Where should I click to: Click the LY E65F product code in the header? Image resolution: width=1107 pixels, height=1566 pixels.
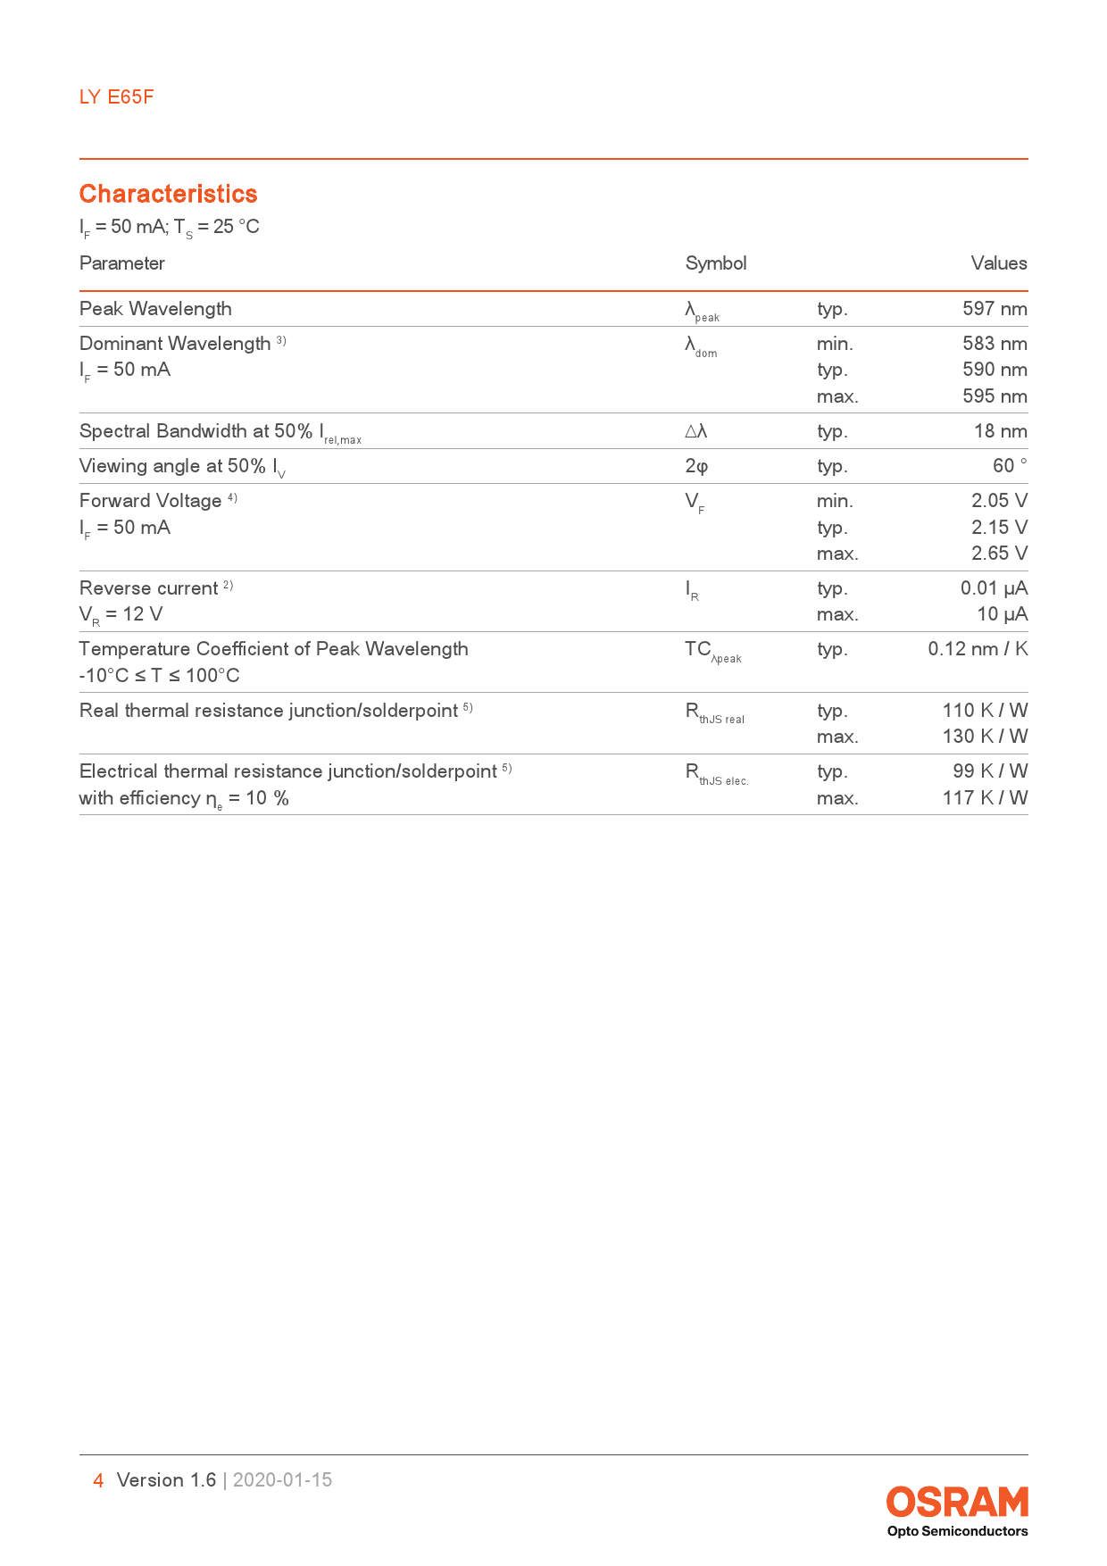(x=116, y=97)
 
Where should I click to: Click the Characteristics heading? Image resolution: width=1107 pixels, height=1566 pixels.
(x=168, y=194)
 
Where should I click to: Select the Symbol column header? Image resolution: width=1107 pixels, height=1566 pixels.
(x=715, y=263)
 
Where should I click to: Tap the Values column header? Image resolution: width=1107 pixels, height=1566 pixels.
(x=998, y=263)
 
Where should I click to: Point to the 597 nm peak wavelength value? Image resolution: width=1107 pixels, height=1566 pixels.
(x=994, y=309)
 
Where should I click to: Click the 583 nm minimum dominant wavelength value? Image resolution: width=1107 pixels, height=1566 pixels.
(x=994, y=344)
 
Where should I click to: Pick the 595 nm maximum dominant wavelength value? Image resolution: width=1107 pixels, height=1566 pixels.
(x=994, y=396)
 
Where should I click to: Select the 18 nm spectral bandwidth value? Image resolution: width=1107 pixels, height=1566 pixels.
(x=1000, y=431)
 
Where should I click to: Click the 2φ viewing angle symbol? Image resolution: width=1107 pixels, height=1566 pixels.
(x=696, y=466)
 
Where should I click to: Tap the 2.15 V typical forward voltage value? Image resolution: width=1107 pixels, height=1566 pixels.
(x=998, y=528)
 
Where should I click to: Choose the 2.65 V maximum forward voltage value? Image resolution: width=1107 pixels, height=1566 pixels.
(x=998, y=554)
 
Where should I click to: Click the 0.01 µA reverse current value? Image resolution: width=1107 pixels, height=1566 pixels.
(x=993, y=588)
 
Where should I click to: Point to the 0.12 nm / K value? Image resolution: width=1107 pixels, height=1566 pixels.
(x=977, y=649)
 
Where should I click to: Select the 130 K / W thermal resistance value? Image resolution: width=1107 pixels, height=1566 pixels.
(x=984, y=737)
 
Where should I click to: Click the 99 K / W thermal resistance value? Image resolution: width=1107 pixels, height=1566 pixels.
(x=989, y=771)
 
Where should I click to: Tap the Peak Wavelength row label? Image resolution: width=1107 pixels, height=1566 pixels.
(x=155, y=309)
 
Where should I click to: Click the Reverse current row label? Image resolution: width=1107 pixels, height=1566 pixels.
(x=149, y=588)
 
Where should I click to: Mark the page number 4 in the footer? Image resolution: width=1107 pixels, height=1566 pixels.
(x=98, y=1480)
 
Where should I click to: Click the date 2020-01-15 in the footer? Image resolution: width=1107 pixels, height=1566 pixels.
(x=282, y=1480)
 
